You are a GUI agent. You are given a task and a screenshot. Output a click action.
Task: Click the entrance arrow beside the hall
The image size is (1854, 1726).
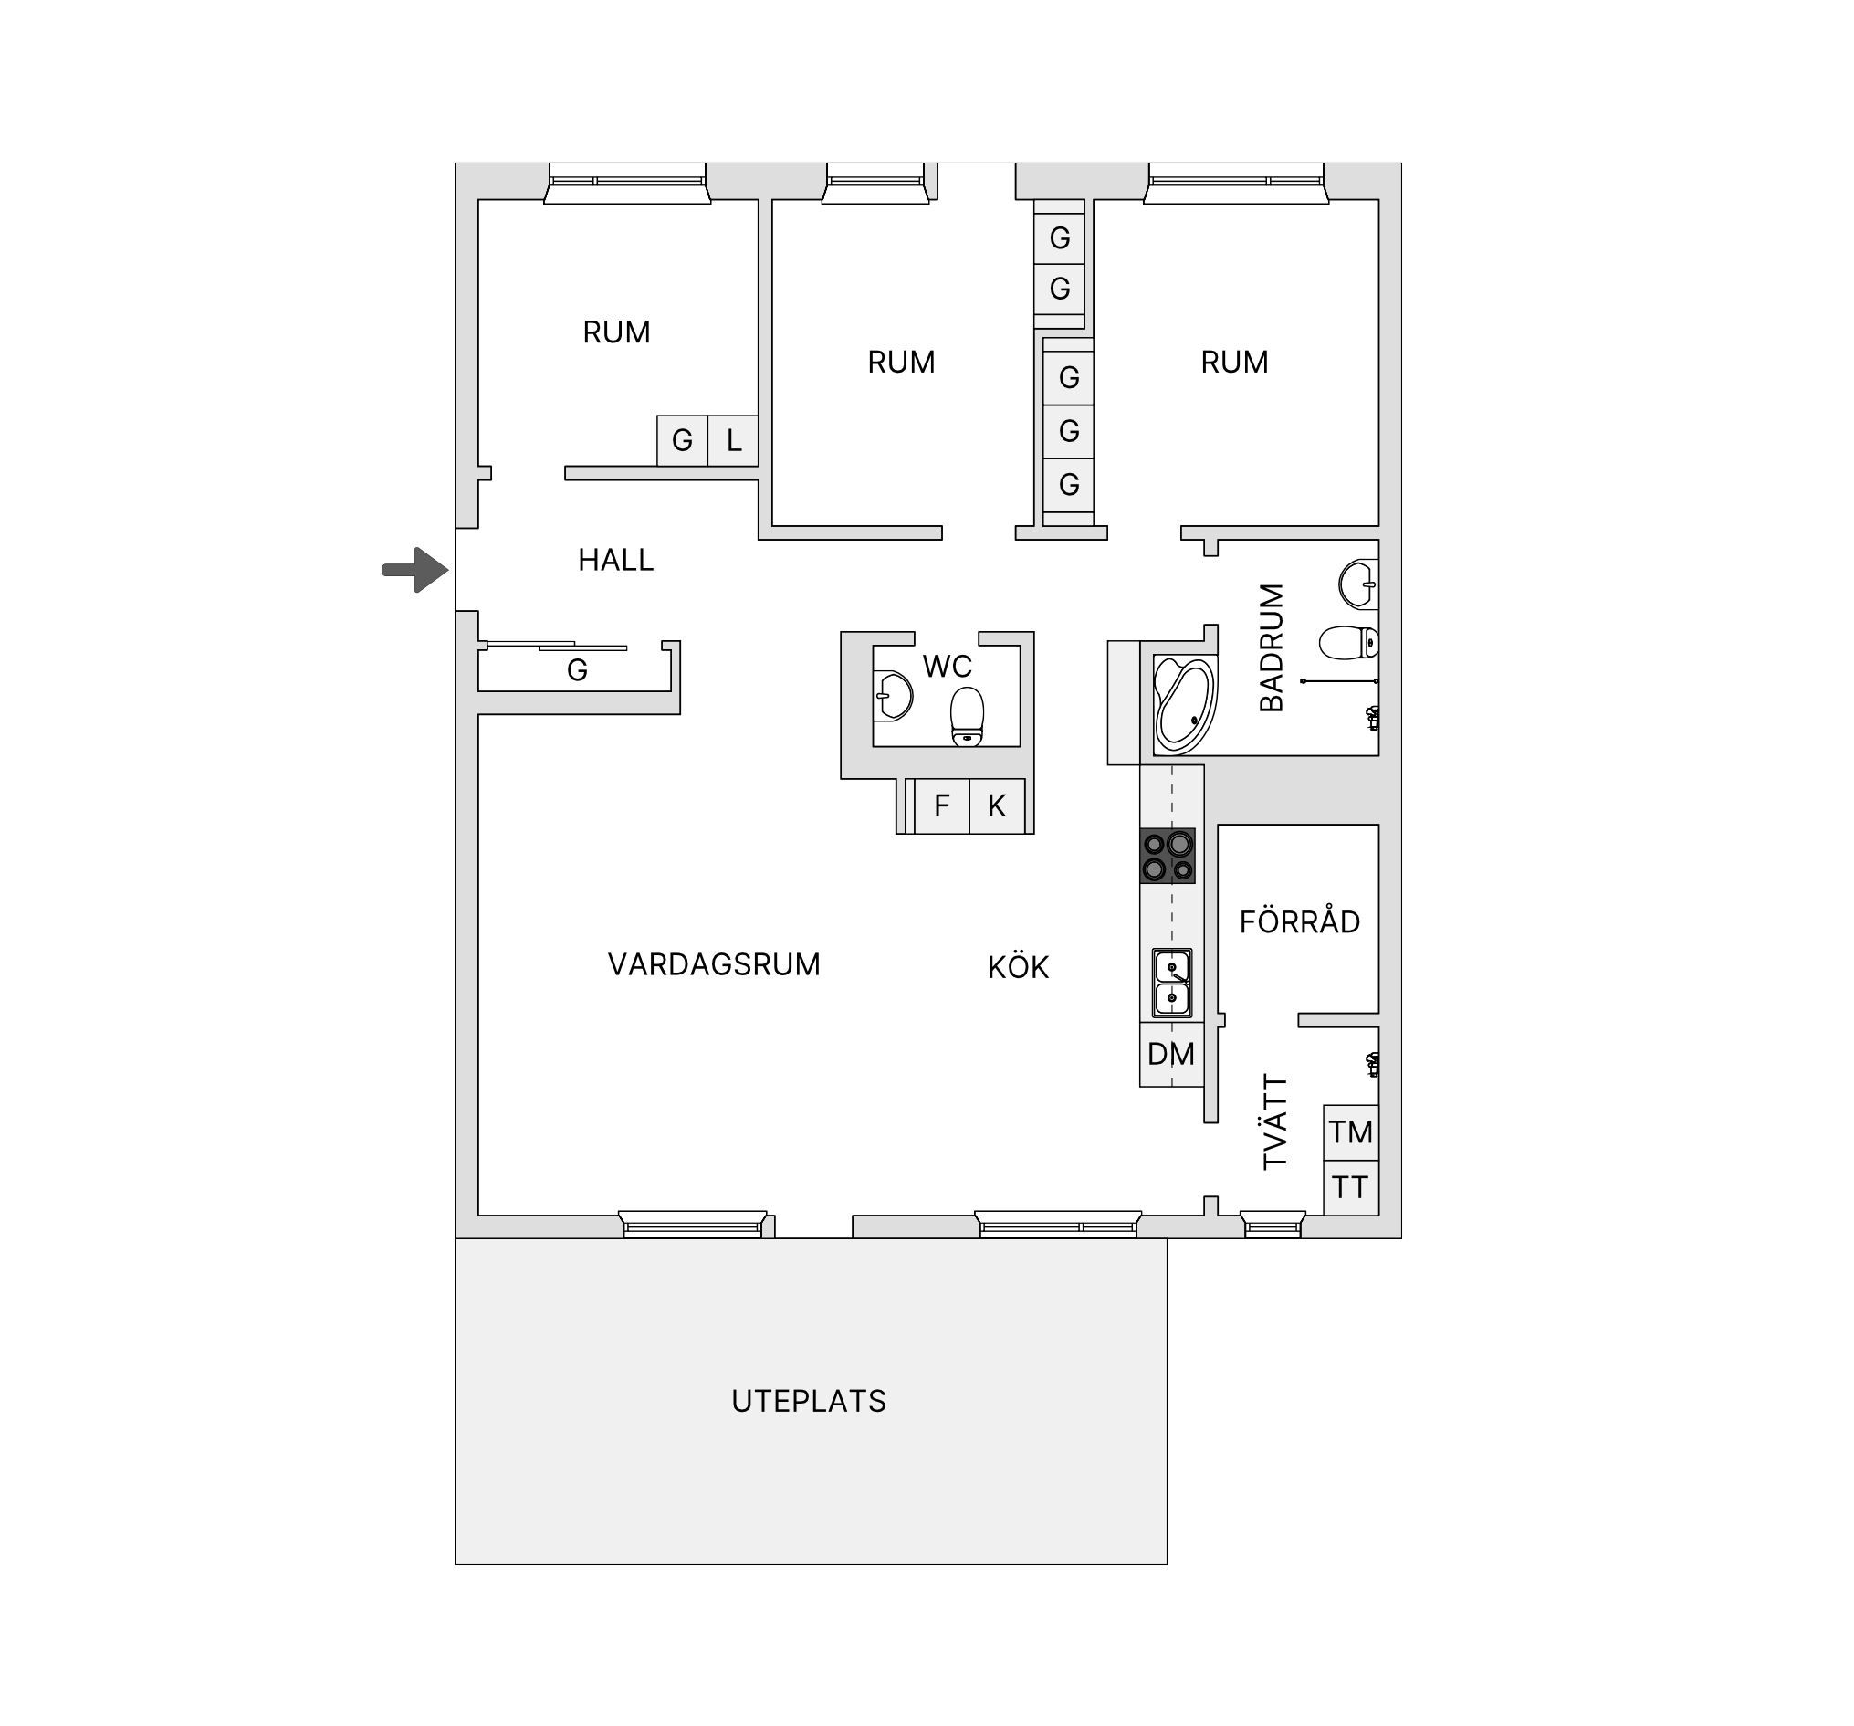(x=416, y=570)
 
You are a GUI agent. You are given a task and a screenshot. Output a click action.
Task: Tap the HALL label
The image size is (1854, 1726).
(x=615, y=560)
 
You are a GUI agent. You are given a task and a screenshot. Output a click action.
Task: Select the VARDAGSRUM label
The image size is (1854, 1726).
(x=714, y=963)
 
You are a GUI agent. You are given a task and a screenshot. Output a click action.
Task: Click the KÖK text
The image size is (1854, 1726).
(x=1019, y=966)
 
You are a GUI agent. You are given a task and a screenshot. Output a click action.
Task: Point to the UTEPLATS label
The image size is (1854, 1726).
(x=809, y=1401)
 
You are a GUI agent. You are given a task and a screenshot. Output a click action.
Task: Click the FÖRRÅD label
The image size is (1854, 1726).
(x=1299, y=921)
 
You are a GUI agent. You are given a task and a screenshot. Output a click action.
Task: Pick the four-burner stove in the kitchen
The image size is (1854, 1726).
(x=1168, y=856)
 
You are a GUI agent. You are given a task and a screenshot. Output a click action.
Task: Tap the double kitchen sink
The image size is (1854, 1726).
(x=1172, y=984)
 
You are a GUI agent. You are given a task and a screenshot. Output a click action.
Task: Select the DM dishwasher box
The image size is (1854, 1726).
(x=1171, y=1054)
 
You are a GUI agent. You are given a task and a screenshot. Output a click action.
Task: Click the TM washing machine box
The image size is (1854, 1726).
(x=1351, y=1132)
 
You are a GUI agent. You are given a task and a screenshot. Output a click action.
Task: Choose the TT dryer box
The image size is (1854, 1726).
(x=1351, y=1188)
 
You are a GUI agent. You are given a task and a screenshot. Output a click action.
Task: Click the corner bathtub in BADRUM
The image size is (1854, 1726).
(x=1184, y=704)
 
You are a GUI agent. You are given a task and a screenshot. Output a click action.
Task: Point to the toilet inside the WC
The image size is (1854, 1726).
(x=967, y=717)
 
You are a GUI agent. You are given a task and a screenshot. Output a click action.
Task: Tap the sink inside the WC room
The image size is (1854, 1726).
(x=893, y=695)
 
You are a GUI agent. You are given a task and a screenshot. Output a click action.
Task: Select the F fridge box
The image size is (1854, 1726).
(x=942, y=806)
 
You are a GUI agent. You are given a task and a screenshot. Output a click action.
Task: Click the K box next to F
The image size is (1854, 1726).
(x=997, y=806)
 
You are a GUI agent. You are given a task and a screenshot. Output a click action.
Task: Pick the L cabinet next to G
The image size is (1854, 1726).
(x=733, y=440)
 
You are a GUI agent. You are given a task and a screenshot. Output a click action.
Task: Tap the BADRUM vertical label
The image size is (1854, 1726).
(x=1271, y=647)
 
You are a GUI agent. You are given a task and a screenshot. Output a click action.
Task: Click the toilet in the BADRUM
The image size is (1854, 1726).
(x=1348, y=642)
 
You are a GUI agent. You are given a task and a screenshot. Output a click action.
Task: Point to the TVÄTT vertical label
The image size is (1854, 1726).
(x=1275, y=1122)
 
